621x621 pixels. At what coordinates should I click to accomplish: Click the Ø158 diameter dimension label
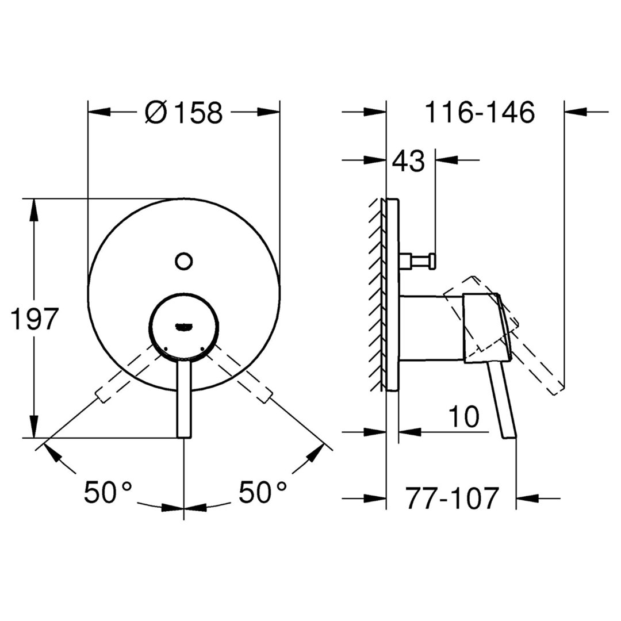(184, 113)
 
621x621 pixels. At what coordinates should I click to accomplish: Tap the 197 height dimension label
(35, 319)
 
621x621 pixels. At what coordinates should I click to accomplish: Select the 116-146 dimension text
(480, 113)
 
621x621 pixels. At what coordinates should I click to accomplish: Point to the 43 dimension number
(409, 161)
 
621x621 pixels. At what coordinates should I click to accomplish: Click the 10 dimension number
(463, 416)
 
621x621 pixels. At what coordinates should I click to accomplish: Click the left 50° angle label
(108, 492)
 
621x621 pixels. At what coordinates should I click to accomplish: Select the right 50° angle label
(262, 492)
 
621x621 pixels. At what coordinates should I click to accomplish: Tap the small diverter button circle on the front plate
(183, 262)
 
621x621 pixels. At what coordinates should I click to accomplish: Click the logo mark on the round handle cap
(183, 327)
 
